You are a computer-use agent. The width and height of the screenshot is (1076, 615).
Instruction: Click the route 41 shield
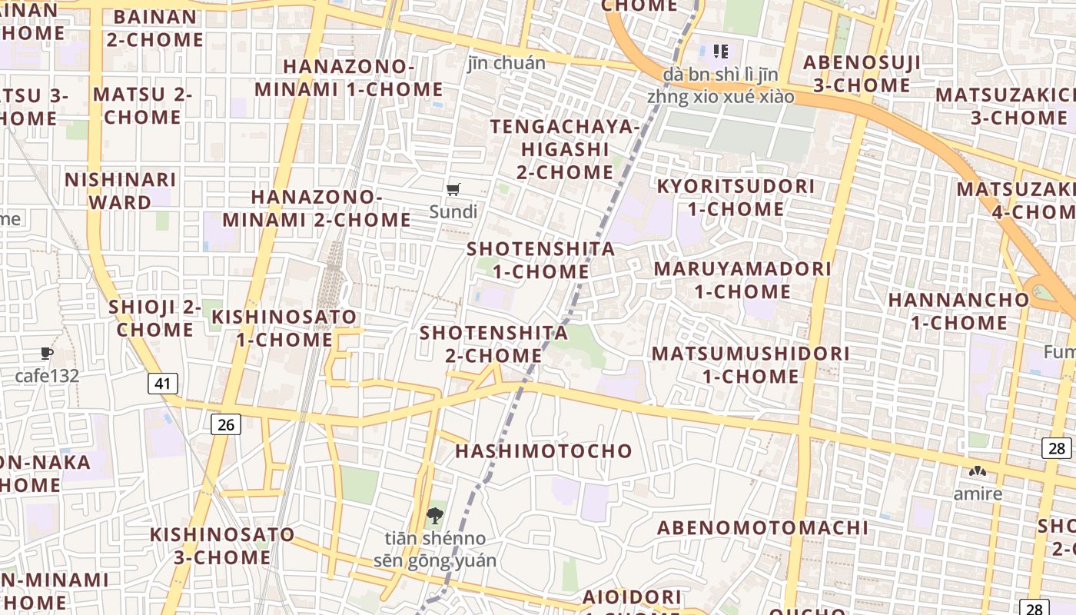tap(162, 384)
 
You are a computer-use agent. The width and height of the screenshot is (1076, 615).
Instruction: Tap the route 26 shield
tap(225, 424)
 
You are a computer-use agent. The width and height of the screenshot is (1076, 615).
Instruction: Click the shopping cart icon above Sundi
tap(453, 189)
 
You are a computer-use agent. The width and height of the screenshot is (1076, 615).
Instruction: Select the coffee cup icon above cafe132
tap(47, 354)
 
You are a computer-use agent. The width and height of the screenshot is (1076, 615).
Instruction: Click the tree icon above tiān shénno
tap(434, 515)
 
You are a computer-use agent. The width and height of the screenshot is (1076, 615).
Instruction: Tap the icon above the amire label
tap(978, 470)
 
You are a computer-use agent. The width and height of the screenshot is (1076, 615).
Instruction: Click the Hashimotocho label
tap(543, 451)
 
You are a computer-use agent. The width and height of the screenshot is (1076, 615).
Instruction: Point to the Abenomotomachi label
tap(762, 528)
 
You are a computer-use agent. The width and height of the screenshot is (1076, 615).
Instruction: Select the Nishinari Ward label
tap(121, 191)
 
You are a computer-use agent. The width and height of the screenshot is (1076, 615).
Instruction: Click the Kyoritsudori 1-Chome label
tap(736, 198)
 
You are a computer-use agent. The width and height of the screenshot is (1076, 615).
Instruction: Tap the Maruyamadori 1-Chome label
tap(742, 281)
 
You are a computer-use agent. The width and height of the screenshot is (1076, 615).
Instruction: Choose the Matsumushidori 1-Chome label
tap(751, 365)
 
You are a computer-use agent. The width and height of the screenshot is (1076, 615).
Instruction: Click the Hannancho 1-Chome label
tap(958, 311)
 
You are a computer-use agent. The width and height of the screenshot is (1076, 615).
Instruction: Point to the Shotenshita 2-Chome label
tap(493, 344)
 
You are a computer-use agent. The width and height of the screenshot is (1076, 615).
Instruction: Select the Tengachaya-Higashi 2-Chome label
tap(565, 149)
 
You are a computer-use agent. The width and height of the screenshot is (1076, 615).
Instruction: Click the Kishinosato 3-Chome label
tap(222, 546)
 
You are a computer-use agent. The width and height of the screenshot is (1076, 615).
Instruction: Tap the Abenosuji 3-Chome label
tap(862, 74)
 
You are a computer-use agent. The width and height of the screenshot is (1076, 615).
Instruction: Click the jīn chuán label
tap(506, 63)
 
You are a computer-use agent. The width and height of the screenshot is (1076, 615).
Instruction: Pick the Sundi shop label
tap(453, 211)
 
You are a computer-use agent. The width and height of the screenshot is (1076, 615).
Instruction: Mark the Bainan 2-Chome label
tap(154, 28)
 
